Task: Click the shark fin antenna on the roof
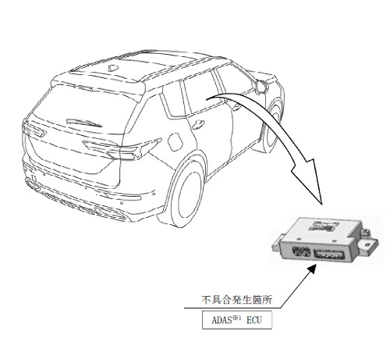[x=113, y=68]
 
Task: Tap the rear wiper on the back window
[x=84, y=123]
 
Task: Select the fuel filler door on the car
[x=175, y=142]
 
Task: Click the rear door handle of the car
[x=198, y=124]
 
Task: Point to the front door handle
[x=236, y=105]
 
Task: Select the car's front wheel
[x=272, y=127]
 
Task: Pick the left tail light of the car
[x=34, y=129]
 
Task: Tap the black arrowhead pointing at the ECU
[x=311, y=269]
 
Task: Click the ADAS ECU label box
[x=237, y=319]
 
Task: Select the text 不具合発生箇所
[x=236, y=300]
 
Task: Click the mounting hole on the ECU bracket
[x=367, y=244]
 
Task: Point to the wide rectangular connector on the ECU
[x=330, y=255]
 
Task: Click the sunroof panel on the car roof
[x=155, y=60]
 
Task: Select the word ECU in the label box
[x=254, y=320]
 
